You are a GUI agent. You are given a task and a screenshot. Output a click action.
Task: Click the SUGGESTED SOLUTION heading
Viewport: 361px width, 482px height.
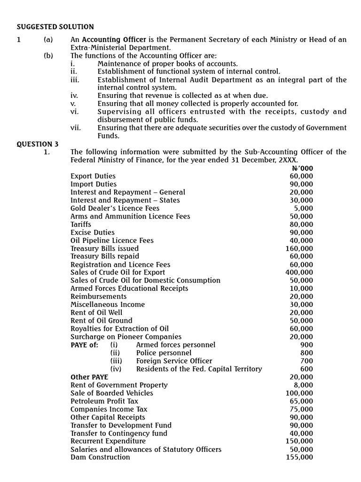pyautogui.click(x=55, y=27)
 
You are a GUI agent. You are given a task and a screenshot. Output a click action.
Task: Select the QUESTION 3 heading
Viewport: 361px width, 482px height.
pyautogui.click(x=38, y=144)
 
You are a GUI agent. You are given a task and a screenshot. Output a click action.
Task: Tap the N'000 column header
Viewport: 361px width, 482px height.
pyautogui.click(x=302, y=168)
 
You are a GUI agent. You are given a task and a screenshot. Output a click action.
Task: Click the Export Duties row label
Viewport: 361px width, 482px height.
pyautogui.click(x=93, y=176)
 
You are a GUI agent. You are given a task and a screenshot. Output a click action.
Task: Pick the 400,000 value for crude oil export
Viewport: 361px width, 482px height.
pyautogui.click(x=299, y=273)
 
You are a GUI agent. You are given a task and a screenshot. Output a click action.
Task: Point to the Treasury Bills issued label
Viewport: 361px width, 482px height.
pyautogui.click(x=104, y=249)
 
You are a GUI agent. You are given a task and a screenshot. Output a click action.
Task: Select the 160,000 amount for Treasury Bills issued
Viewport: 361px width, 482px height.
pyautogui.click(x=299, y=249)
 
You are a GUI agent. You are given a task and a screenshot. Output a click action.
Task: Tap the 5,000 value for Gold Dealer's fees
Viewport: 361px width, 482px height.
pyautogui.click(x=304, y=209)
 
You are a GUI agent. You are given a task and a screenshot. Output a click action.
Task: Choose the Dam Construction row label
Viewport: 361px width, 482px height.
pyautogui.click(x=100, y=457)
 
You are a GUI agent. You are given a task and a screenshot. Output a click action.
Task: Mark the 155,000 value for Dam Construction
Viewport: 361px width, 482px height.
pyautogui.click(x=299, y=457)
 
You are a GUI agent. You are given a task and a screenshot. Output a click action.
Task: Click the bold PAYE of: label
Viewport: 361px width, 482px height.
pyautogui.click(x=85, y=345)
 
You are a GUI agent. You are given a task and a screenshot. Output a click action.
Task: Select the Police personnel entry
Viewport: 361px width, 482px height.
pyautogui.click(x=164, y=353)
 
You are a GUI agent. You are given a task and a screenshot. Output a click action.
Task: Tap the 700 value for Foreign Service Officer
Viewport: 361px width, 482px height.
pyautogui.click(x=306, y=361)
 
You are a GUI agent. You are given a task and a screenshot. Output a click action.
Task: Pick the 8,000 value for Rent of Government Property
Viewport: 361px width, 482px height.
pyautogui.click(x=304, y=385)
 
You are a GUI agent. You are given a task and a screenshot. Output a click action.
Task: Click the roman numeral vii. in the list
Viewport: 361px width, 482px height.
pyautogui.click(x=75, y=128)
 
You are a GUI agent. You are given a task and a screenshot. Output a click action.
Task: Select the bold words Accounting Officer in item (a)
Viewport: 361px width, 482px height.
pyautogui.click(x=114, y=40)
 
